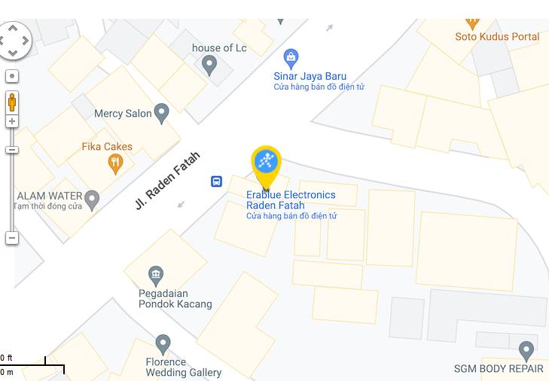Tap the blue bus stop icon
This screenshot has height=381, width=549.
216,181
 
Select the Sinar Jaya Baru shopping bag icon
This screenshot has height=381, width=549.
291,58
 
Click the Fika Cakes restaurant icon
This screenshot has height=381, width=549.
115,163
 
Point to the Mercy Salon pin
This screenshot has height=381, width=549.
161,114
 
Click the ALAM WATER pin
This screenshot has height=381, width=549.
92,200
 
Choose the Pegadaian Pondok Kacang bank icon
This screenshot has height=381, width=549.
156,275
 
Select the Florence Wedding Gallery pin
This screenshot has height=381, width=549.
163,345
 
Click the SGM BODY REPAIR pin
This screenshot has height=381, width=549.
526,350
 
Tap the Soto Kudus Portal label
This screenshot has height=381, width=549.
497,36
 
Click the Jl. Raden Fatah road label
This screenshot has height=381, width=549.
167,181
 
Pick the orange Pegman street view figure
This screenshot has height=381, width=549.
12,102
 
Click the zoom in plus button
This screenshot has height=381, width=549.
12,121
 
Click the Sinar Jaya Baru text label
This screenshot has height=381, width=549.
310,76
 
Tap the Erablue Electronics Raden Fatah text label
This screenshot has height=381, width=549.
291,200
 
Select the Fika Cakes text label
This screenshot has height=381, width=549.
107,147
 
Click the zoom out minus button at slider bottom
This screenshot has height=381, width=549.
12,238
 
